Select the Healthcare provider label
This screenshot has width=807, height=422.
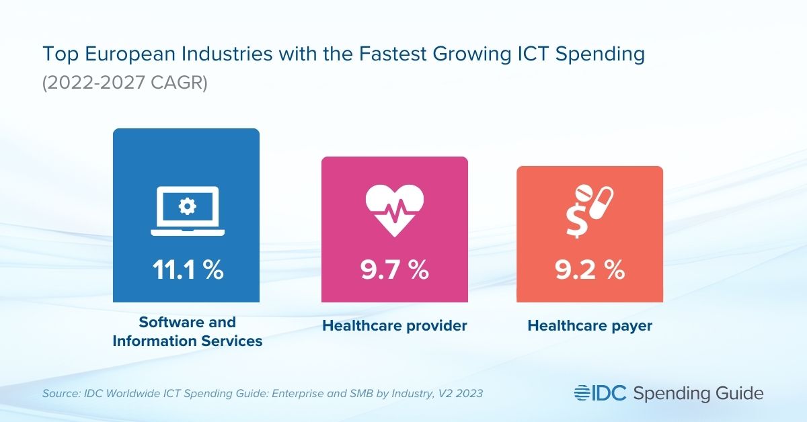[395, 326]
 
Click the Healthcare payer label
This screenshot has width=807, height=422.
[590, 326]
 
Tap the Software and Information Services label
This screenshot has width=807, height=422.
[187, 332]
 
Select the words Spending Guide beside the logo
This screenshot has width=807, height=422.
[699, 392]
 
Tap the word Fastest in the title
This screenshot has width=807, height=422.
[375, 54]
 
